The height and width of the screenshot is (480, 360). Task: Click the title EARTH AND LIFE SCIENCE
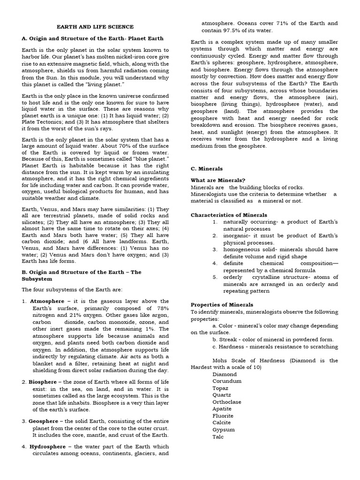pyautogui.click(x=95, y=27)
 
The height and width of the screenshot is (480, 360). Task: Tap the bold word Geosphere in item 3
pyautogui.click(x=46, y=421)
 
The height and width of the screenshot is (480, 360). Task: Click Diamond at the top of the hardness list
pyautogui.click(x=225, y=375)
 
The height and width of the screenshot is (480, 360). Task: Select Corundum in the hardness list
pyautogui.click(x=227, y=381)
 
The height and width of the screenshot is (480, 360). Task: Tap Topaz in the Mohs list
pyautogui.click(x=220, y=388)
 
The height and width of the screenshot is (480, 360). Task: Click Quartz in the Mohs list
pyautogui.click(x=221, y=395)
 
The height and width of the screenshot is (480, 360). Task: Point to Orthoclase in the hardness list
pyautogui.click(x=227, y=402)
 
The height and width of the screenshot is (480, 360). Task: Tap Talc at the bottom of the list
pyautogui.click(x=218, y=436)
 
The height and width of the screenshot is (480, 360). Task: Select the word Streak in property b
pyautogui.click(x=228, y=339)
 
